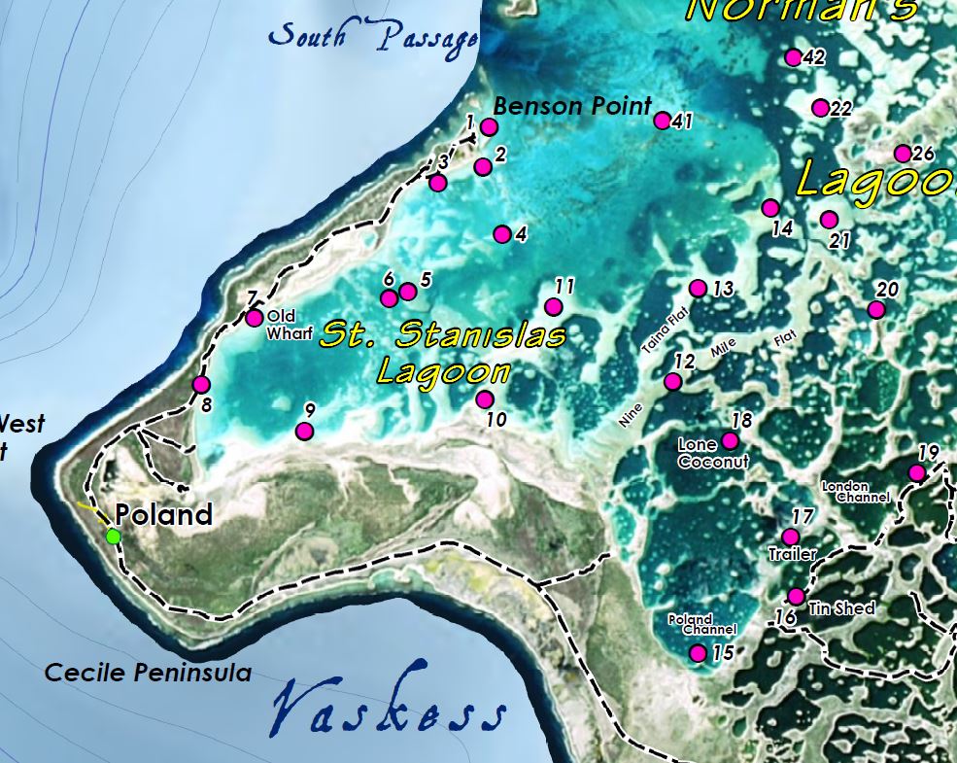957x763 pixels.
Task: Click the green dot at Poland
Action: [x=114, y=536]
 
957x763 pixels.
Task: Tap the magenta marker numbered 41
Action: [x=663, y=121]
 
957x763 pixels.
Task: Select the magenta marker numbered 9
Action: [x=304, y=432]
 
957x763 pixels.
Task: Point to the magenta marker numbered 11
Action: [x=554, y=307]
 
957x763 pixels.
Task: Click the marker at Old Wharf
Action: [x=254, y=318]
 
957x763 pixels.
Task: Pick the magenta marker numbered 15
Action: [x=698, y=653]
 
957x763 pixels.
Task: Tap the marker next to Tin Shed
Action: [x=796, y=596]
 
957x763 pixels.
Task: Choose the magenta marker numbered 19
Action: [x=916, y=473]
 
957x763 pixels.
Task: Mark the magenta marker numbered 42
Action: [x=793, y=57]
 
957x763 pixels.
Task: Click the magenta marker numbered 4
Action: [x=502, y=234]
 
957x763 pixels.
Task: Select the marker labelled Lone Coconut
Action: [x=731, y=440]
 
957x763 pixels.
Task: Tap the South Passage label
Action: [x=373, y=37]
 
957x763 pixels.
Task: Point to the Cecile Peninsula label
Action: [x=148, y=673]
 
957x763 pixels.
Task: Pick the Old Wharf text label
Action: [x=290, y=325]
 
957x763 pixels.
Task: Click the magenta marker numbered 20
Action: [x=876, y=309]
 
